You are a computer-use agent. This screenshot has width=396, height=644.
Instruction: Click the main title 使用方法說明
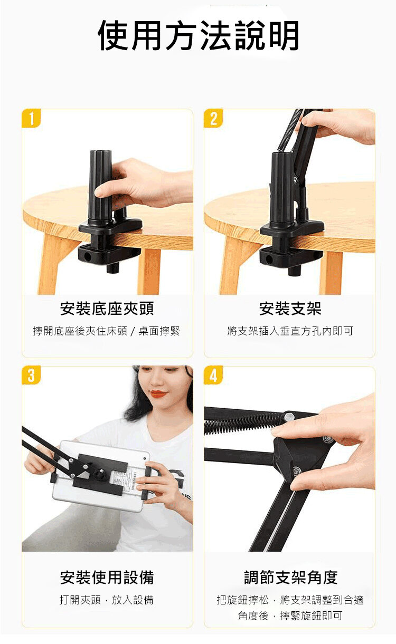pos(199,36)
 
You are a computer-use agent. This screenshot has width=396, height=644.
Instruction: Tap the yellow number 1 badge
pos(31,118)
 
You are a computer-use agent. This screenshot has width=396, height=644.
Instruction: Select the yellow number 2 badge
pos(213,118)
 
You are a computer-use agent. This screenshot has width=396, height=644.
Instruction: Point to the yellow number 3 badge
pos(31,375)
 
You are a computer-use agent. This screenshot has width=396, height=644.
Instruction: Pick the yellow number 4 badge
pos(213,375)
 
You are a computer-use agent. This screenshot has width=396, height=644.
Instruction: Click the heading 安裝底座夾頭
pos(107,309)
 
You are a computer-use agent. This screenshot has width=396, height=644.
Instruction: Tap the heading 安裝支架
pos(290,309)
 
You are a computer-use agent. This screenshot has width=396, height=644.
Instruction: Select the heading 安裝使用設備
pos(107,577)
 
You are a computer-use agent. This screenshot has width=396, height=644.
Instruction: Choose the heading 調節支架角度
pos(291,577)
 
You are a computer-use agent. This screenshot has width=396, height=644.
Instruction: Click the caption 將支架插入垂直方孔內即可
pos(290,331)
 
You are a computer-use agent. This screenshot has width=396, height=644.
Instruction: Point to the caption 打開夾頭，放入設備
pos(107,600)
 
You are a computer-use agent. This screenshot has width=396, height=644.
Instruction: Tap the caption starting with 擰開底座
pos(107,331)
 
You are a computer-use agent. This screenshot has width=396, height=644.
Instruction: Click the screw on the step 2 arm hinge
pos(295,180)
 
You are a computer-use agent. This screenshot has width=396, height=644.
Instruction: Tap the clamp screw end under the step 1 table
pos(112,267)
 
